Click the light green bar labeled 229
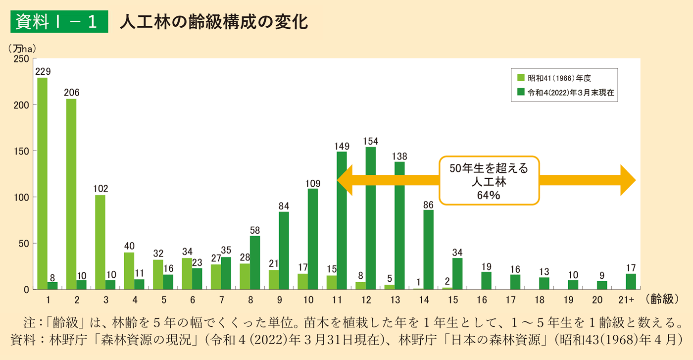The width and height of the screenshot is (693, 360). [43, 183]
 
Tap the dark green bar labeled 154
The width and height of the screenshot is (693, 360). [371, 218]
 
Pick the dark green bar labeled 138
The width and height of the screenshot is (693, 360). [399, 225]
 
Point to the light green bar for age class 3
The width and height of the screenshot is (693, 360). [100, 242]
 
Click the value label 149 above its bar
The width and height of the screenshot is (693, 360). [342, 146]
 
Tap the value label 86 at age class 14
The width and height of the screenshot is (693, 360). [429, 204]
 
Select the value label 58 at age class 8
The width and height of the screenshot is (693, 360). [255, 230]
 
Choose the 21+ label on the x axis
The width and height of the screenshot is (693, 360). [626, 299]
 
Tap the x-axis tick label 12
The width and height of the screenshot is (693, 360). [366, 299]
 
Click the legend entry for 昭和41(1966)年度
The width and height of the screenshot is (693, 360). [559, 78]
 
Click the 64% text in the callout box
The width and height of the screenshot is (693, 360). [489, 195]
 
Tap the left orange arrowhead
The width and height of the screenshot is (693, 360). [346, 180]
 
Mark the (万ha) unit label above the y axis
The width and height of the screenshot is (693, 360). [22, 49]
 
